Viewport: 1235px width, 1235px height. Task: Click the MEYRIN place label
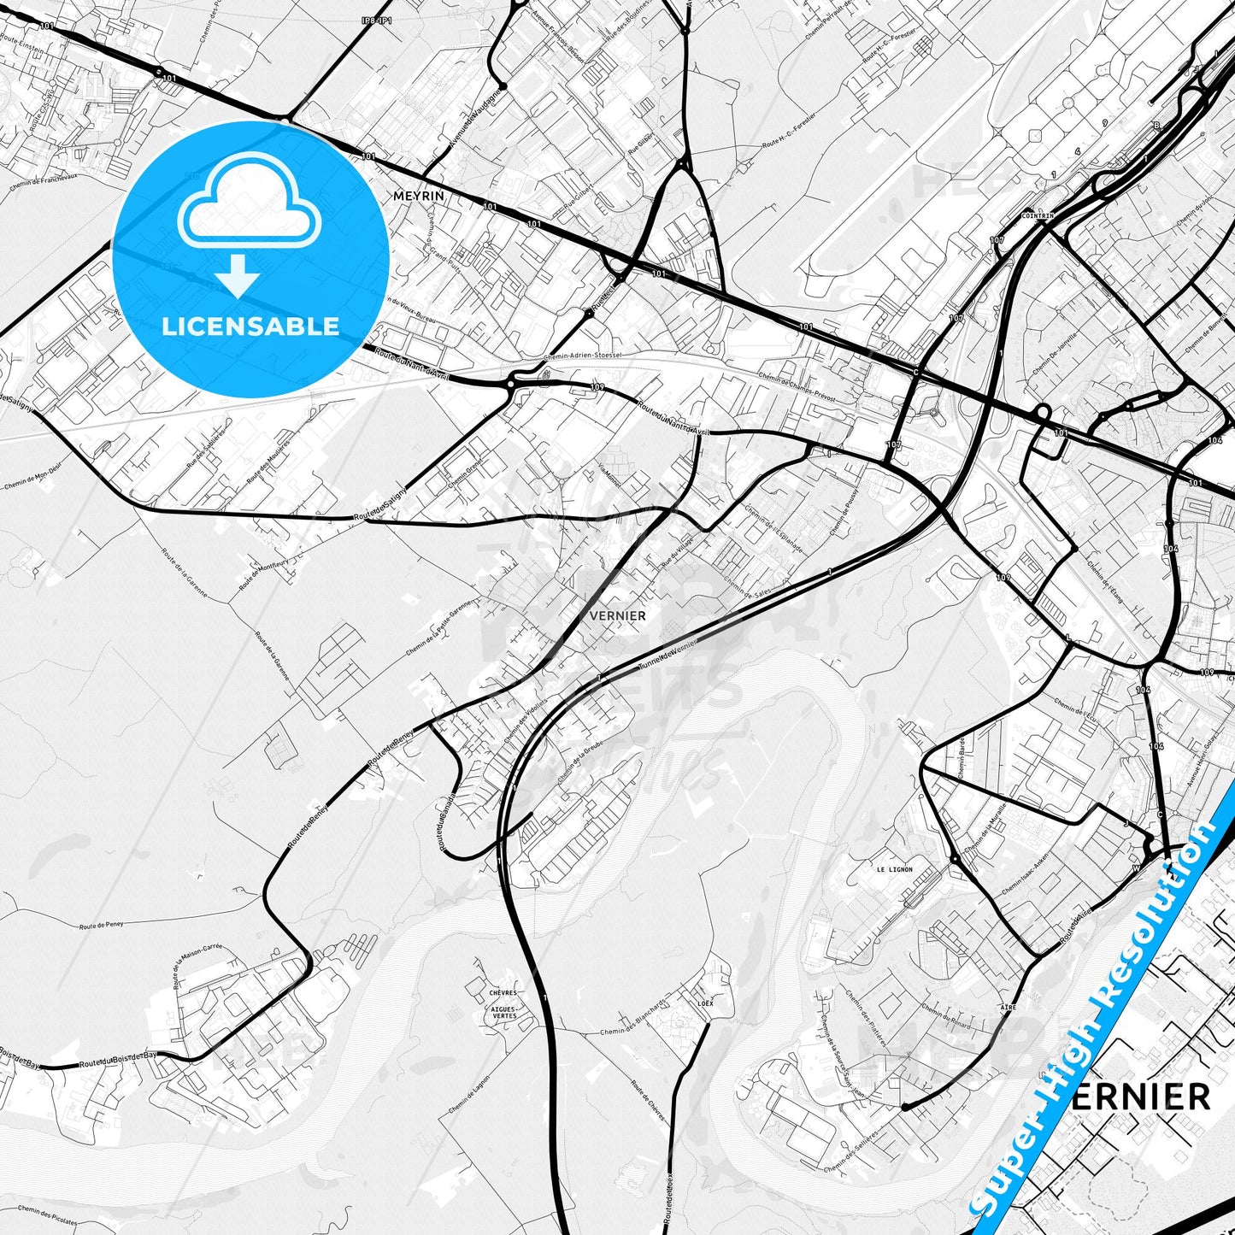click(419, 196)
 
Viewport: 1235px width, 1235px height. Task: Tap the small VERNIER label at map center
click(617, 615)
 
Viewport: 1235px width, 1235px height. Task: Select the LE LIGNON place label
click(894, 869)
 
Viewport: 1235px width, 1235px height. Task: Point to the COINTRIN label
click(1038, 216)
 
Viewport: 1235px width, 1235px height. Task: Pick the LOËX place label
click(705, 1002)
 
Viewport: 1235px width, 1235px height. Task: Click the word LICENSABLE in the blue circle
click(250, 326)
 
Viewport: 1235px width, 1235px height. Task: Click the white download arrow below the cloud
click(238, 276)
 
